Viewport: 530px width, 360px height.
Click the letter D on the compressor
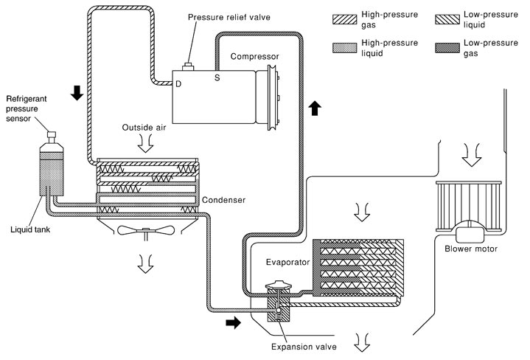point(178,84)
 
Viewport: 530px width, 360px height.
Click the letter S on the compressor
point(217,77)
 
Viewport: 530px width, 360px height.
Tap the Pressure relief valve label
point(229,17)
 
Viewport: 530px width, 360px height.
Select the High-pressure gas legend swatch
point(344,19)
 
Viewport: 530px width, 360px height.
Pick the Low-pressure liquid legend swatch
point(447,19)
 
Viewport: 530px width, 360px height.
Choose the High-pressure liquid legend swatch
point(344,48)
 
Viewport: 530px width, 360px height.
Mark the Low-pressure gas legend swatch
point(447,48)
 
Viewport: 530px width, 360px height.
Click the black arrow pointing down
point(77,93)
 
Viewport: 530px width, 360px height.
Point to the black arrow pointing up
point(315,108)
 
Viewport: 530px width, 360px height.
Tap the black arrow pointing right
point(233,323)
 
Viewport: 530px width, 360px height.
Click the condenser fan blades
point(146,231)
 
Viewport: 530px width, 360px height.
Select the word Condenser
point(223,200)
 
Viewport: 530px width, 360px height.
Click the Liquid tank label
point(30,229)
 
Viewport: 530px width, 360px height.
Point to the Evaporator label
point(287,262)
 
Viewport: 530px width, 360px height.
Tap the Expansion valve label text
point(304,347)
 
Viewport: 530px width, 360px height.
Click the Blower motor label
point(471,249)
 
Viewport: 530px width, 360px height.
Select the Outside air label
point(144,128)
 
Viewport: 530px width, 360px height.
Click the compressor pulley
point(272,97)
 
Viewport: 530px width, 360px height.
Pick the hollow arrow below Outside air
point(146,144)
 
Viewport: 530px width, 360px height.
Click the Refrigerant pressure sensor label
point(27,108)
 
